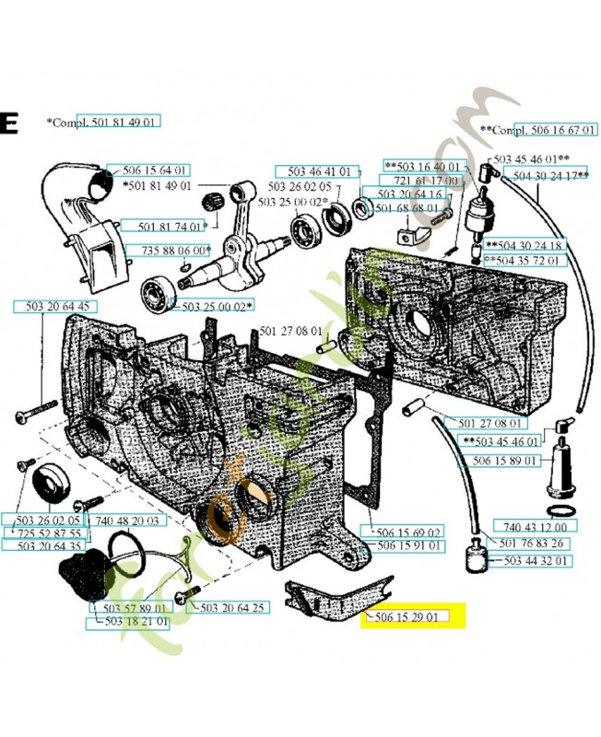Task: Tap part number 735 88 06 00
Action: [x=175, y=250]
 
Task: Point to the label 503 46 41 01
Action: [x=318, y=171]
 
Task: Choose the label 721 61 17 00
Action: [x=425, y=181]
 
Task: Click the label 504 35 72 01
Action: [x=524, y=261]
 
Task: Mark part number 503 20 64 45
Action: [x=52, y=306]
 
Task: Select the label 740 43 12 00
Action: [x=536, y=526]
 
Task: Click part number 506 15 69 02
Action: [x=409, y=532]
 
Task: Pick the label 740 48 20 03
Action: [x=126, y=521]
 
